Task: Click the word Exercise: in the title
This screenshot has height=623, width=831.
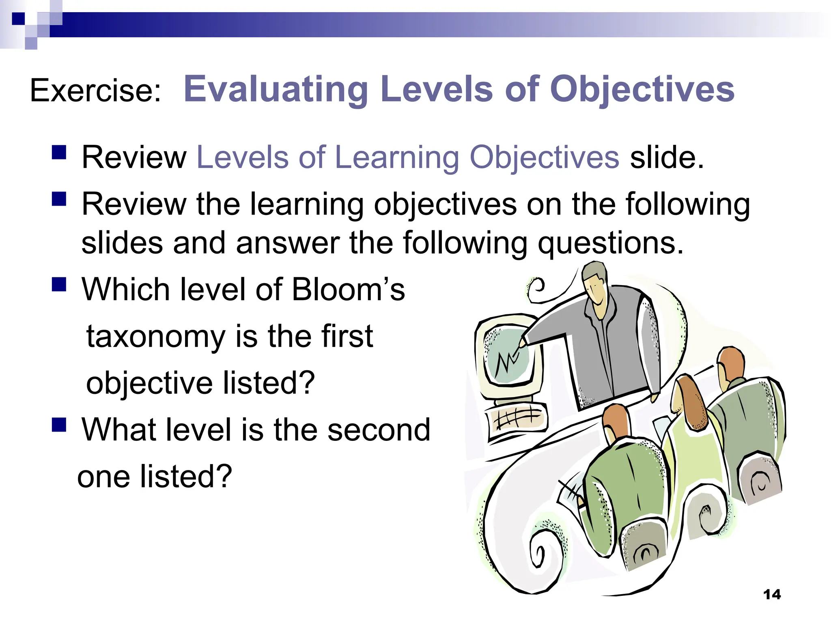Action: (96, 90)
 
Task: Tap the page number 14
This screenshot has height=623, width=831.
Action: (772, 595)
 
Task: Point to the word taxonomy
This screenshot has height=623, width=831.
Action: (156, 337)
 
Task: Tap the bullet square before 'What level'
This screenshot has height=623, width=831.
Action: (59, 425)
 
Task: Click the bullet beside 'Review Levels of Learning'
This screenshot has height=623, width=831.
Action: (59, 153)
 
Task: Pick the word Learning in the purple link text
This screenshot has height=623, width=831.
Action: (397, 157)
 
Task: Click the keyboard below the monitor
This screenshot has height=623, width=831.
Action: (517, 418)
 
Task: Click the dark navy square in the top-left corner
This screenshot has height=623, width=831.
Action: (18, 19)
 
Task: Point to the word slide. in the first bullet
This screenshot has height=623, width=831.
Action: (667, 157)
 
